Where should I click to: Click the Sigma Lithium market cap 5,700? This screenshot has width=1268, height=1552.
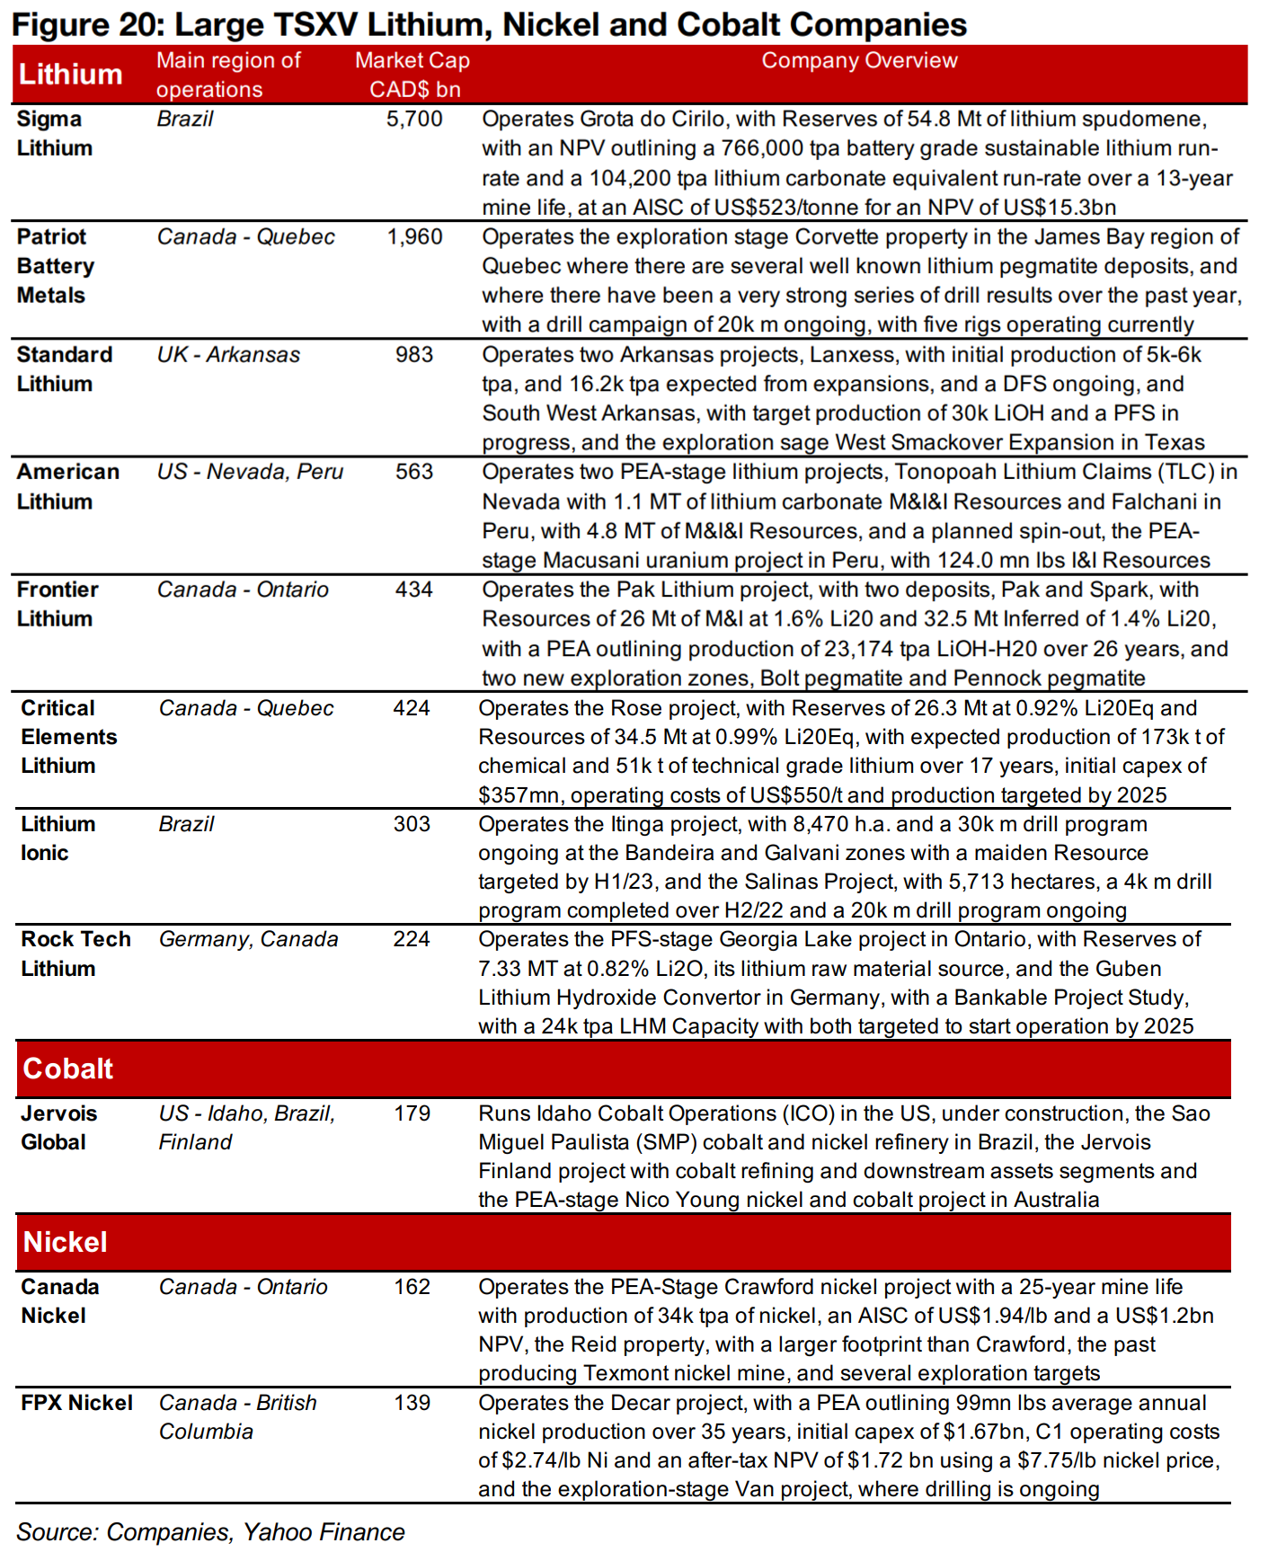tap(414, 119)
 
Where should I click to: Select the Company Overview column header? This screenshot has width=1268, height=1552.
tap(859, 60)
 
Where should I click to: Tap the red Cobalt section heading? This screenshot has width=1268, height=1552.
tap(68, 1069)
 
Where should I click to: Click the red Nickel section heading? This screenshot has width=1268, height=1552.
tap(66, 1242)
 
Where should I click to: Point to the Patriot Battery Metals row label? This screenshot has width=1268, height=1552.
tap(56, 266)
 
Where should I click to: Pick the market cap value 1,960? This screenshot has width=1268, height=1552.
tap(414, 237)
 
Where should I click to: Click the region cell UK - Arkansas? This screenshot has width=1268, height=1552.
tap(228, 355)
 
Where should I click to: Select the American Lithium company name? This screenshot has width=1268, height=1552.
tap(67, 487)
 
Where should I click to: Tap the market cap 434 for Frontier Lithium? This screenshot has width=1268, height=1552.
tap(414, 590)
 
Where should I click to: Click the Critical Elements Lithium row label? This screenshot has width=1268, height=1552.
tap(69, 737)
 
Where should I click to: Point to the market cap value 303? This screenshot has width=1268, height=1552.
tap(412, 824)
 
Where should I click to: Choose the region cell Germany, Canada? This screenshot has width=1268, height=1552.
tap(248, 939)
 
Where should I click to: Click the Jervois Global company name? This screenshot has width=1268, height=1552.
tap(58, 1128)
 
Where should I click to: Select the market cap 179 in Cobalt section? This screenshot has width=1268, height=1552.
tap(412, 1113)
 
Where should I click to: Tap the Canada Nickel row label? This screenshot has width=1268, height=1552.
tap(59, 1301)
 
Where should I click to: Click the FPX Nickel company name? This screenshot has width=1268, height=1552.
tap(76, 1403)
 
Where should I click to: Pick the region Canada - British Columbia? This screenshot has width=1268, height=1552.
tap(237, 1417)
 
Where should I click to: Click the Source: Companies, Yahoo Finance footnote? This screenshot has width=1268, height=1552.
tap(210, 1532)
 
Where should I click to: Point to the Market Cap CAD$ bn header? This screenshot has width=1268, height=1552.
tap(412, 75)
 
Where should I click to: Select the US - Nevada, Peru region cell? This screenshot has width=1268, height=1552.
tap(250, 472)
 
